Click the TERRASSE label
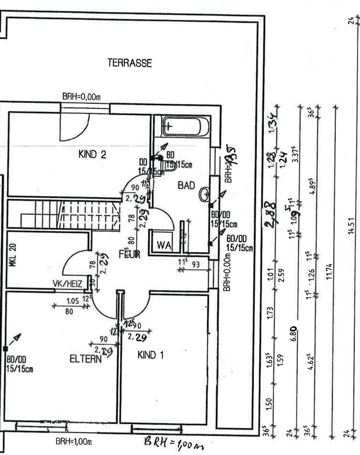[x=129, y=64]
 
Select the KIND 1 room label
[x=150, y=355]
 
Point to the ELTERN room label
[x=85, y=359]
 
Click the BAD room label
[x=186, y=186]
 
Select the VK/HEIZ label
[x=68, y=283]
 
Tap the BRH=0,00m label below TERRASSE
[x=82, y=96]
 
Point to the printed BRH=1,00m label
[x=74, y=441]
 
